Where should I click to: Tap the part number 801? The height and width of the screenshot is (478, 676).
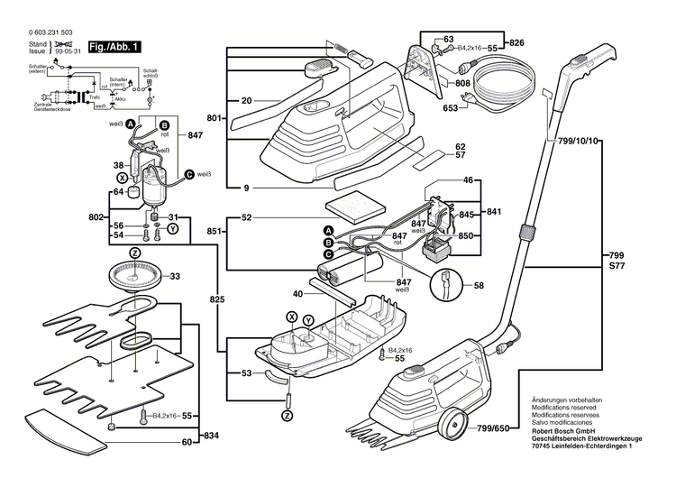pyautogui.click(x=214, y=118)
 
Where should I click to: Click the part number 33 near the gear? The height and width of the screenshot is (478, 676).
pyautogui.click(x=175, y=277)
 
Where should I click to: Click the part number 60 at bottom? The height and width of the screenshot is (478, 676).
pyautogui.click(x=187, y=443)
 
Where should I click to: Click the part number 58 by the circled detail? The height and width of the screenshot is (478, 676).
pyautogui.click(x=478, y=286)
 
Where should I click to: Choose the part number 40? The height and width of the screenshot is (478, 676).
pyautogui.click(x=297, y=293)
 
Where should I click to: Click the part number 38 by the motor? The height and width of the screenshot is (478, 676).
pyautogui.click(x=117, y=165)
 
